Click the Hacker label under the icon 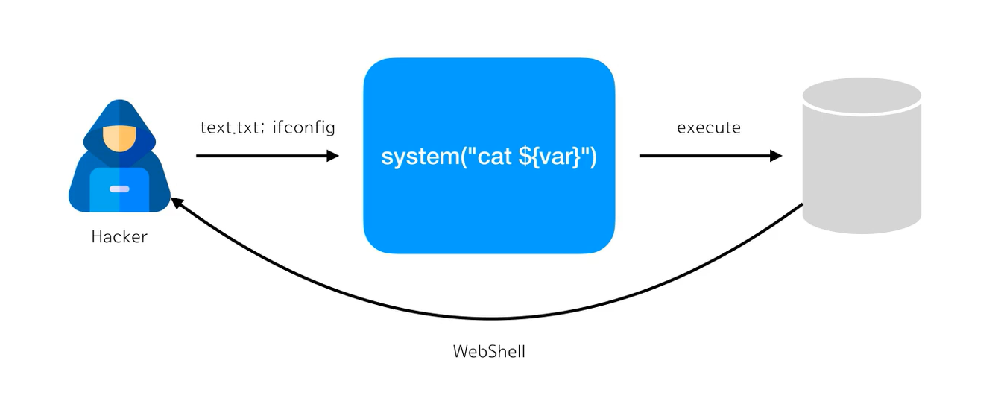[x=119, y=237]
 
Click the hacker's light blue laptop [x=119, y=189]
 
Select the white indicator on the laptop [x=119, y=189]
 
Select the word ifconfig [x=303, y=127]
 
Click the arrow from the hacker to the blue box [x=261, y=156]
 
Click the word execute [x=708, y=127]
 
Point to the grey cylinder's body [x=862, y=171]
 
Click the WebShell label [x=489, y=351]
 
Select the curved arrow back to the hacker [x=492, y=318]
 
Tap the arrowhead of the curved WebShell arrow [x=177, y=204]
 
